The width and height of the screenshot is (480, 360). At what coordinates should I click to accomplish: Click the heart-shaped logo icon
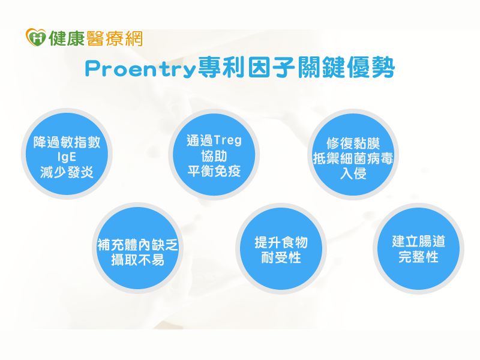pos(36,37)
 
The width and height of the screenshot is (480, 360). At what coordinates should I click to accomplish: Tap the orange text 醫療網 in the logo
pos(115,38)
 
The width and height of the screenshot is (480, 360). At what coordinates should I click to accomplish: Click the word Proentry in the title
pos(140,70)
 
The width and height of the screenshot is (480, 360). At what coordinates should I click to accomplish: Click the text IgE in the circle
pos(67,157)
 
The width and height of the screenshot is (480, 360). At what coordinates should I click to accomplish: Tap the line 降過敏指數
pos(67,142)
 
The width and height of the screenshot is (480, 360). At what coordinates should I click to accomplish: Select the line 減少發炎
pos(67,172)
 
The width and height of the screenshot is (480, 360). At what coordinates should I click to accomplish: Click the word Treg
pos(227,140)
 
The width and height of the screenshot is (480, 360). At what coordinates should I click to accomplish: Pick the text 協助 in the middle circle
pos(214,156)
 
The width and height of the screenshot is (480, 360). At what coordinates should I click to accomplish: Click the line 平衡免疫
pos(214,171)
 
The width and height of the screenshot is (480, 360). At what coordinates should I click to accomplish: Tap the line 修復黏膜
pos(353,143)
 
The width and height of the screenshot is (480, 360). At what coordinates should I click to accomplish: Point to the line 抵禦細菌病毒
pos(353,158)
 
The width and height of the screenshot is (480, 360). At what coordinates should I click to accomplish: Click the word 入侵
pos(353,173)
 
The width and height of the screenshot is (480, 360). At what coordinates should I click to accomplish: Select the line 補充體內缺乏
pos(137,245)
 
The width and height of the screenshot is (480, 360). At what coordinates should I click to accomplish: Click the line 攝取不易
pos(137,260)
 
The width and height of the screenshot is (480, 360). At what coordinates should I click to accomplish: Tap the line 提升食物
pos(281,242)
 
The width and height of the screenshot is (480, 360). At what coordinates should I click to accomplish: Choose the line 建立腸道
pos(418,241)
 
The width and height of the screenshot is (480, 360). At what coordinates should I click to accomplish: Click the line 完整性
pos(418,257)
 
